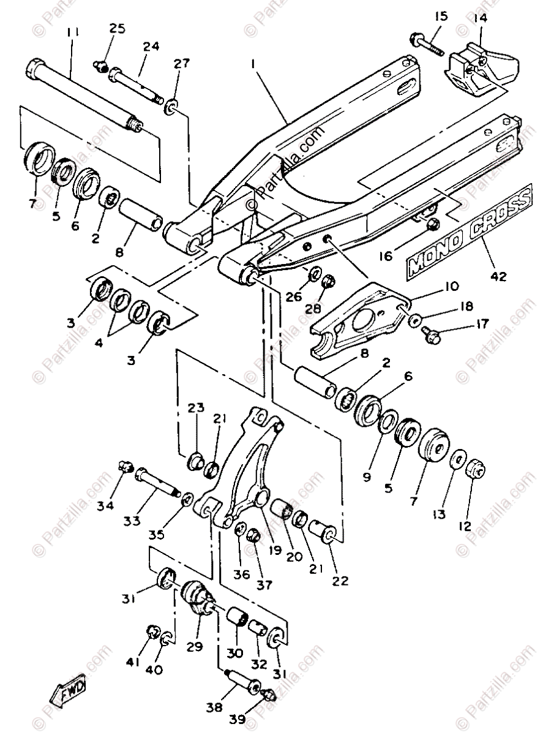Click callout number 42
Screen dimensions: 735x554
click(x=498, y=276)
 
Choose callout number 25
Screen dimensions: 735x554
click(x=117, y=28)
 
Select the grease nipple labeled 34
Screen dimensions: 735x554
click(x=125, y=469)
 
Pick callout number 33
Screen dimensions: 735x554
click(x=131, y=521)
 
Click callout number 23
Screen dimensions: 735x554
click(x=196, y=407)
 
